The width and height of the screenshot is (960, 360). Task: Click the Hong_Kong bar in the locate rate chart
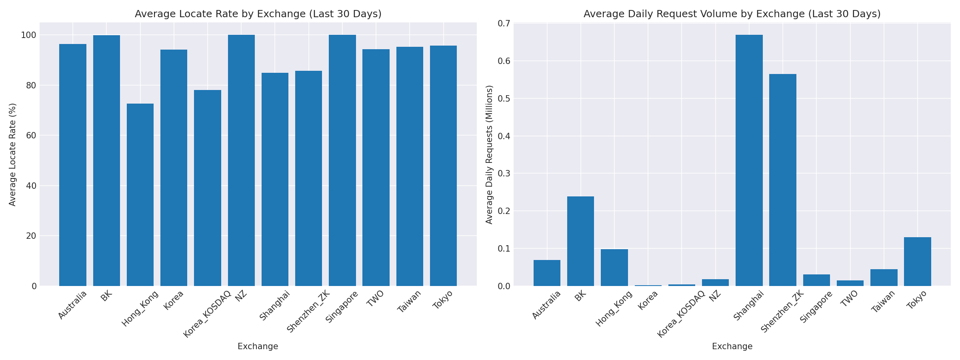(140, 195)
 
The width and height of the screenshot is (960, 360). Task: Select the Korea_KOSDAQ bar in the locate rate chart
(207, 188)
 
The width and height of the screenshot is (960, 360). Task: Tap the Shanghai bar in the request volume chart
(749, 160)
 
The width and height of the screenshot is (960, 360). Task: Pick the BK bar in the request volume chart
(580, 241)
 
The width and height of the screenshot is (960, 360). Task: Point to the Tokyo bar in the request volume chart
(917, 262)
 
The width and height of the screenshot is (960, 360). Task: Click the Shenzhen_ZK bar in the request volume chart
(782, 180)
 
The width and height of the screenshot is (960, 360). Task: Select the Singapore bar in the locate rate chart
(342, 160)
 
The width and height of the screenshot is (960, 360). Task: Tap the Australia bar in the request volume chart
(547, 273)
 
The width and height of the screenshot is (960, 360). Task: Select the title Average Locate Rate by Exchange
(258, 14)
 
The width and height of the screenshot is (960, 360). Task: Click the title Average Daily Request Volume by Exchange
(732, 14)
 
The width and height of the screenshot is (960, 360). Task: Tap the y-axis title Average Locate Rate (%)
(12, 154)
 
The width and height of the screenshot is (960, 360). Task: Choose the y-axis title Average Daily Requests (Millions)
(489, 154)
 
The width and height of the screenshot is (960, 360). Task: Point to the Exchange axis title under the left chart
(258, 346)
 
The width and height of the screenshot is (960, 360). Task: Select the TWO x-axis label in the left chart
(375, 298)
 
